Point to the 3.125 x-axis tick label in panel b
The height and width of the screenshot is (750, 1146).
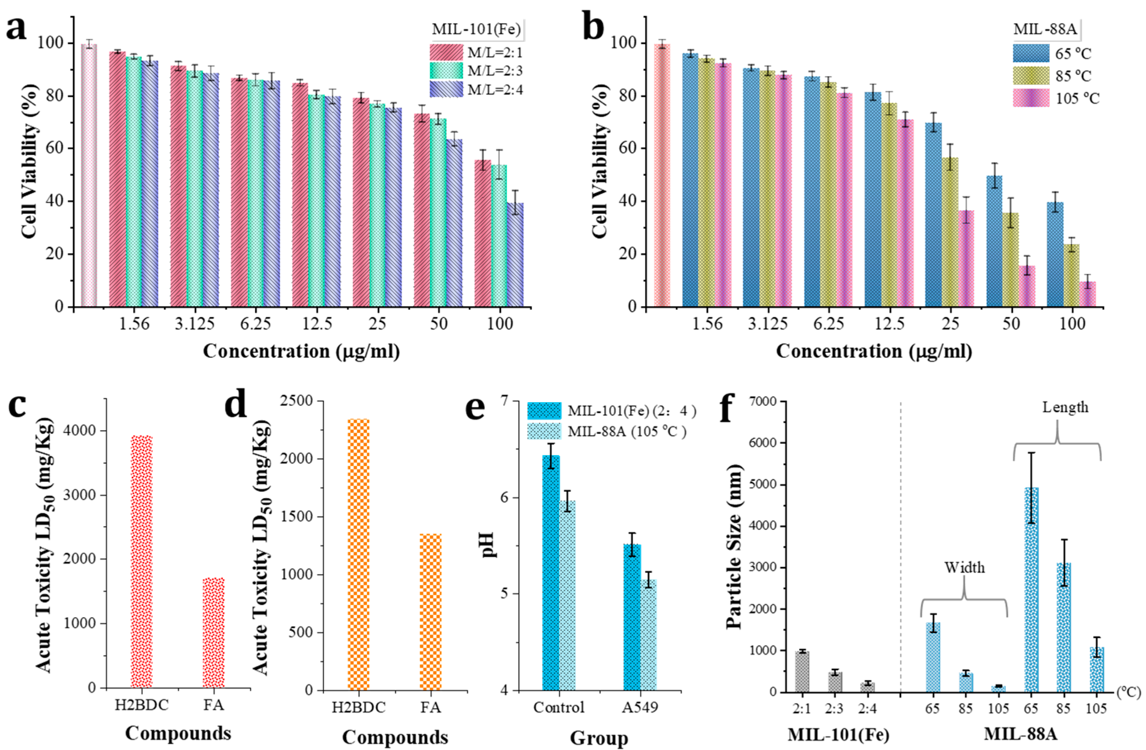tap(769, 323)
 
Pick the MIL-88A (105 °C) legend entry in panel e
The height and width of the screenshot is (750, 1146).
tap(626, 432)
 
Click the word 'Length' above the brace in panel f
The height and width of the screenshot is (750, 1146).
tap(1065, 407)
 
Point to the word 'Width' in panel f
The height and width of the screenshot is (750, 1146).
tap(964, 568)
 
